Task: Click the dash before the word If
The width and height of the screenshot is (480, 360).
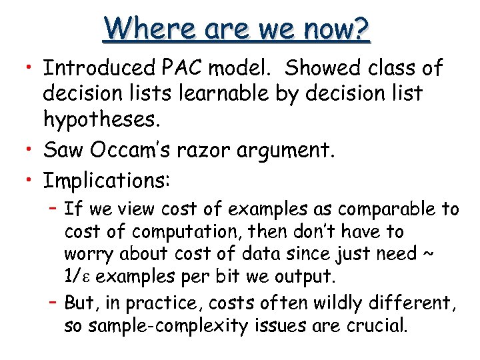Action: click(x=53, y=209)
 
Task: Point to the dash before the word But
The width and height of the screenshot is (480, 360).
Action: click(x=53, y=303)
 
